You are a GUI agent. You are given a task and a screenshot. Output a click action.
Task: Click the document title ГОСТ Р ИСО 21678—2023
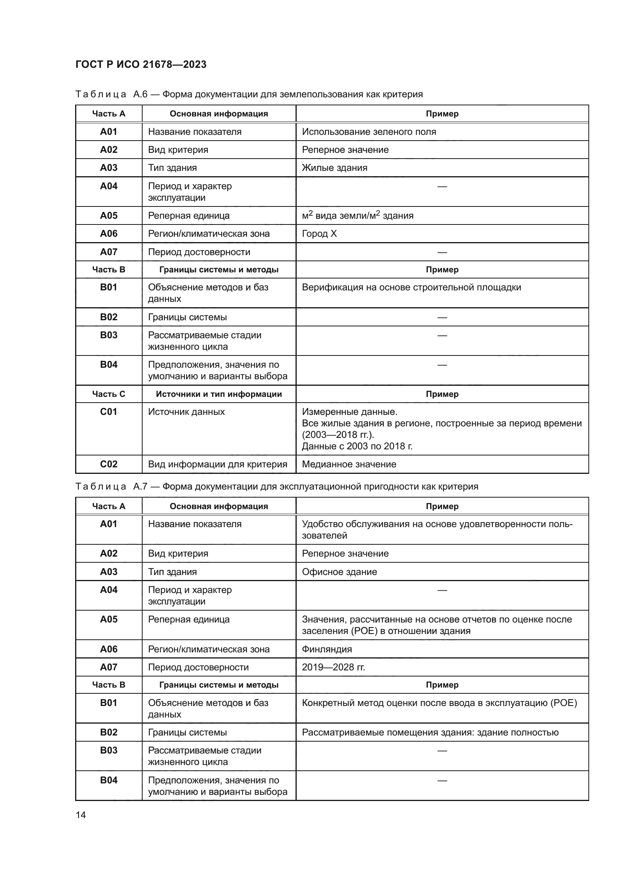141,64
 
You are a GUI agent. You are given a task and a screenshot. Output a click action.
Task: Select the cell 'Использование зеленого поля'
369,132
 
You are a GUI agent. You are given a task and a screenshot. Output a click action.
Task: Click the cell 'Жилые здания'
335,168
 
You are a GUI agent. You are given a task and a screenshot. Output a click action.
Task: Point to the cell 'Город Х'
319,234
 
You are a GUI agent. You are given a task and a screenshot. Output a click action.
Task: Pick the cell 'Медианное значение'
349,464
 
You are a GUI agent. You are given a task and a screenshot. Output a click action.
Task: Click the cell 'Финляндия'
327,649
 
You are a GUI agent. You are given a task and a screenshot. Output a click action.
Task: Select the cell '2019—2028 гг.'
333,667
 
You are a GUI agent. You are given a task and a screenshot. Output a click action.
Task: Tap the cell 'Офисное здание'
339,572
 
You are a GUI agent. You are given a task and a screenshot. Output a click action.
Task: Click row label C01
108,412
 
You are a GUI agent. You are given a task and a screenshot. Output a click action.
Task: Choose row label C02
108,464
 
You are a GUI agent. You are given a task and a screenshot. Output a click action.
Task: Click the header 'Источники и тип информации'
218,394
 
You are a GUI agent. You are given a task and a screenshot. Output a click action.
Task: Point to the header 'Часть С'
108,394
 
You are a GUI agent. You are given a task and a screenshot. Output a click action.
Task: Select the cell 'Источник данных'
186,412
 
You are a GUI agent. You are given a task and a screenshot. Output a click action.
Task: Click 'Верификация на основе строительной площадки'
411,288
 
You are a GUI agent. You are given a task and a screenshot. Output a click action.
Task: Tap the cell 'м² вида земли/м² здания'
358,215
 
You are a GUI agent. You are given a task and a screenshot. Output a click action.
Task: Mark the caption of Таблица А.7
276,486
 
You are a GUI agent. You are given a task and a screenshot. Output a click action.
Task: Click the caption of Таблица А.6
249,95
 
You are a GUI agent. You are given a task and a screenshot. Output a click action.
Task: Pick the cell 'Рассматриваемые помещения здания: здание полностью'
430,732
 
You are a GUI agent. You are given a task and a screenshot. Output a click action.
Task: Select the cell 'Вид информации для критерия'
217,464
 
